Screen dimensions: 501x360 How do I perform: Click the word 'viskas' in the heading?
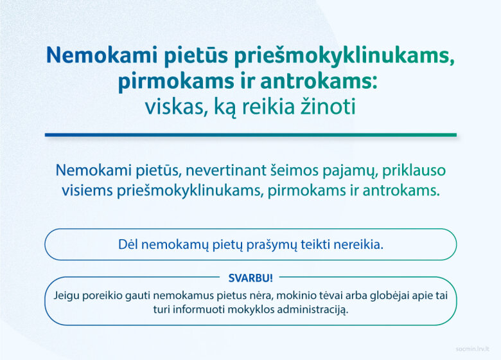pyautogui.click(x=174, y=107)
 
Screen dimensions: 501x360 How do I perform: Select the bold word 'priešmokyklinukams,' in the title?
pyautogui.click(x=344, y=56)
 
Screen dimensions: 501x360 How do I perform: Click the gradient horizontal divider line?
pyautogui.click(x=251, y=135)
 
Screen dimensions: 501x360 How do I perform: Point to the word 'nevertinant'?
pyautogui.click(x=226, y=170)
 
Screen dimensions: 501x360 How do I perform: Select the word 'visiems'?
pyautogui.click(x=87, y=190)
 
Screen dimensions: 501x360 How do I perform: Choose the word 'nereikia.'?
pyautogui.click(x=358, y=244)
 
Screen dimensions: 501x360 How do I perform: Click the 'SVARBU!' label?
pyautogui.click(x=251, y=278)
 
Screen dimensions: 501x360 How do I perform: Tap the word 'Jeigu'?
pyautogui.click(x=66, y=296)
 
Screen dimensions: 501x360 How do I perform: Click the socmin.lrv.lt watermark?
pyautogui.click(x=473, y=349)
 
